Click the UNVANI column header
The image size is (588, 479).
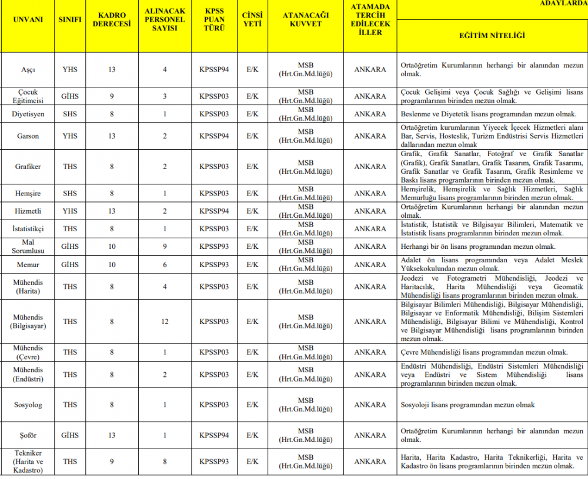[28, 19]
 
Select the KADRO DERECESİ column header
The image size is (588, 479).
[112, 19]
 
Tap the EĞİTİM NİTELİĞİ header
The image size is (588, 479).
[492, 36]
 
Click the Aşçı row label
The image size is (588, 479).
[28, 69]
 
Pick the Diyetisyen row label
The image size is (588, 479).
[28, 114]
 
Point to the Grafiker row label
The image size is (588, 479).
[28, 167]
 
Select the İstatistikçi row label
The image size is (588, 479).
[28, 228]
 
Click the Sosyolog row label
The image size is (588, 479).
[28, 405]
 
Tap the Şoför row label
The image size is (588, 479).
[28, 436]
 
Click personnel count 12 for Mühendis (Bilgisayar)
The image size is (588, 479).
[165, 322]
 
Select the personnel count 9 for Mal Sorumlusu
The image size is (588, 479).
[165, 247]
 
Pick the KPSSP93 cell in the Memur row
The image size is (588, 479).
[214, 265]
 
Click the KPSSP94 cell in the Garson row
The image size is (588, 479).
[214, 136]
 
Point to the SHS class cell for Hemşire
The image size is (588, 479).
[70, 193]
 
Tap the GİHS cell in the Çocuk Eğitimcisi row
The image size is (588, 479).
[70, 96]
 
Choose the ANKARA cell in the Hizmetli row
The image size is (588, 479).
[370, 211]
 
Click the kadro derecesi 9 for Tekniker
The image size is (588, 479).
[112, 461]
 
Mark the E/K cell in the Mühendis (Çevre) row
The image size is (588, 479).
[252, 352]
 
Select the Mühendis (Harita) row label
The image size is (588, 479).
[28, 287]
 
